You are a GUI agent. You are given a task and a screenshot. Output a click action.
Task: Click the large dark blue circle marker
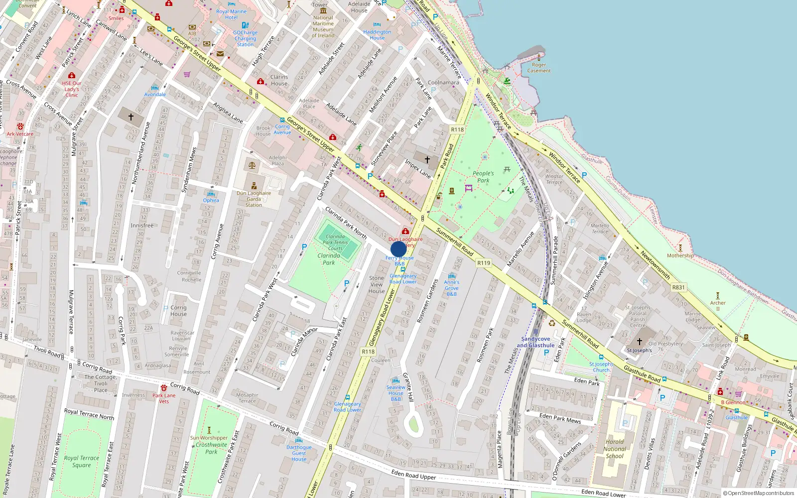(x=398, y=249)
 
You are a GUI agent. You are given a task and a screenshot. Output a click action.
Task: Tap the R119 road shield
(x=483, y=263)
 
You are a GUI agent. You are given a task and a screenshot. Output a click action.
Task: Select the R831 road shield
(x=678, y=287)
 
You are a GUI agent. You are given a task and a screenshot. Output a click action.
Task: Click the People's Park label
(x=483, y=177)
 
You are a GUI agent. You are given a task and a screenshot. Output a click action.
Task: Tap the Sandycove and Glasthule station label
(x=535, y=342)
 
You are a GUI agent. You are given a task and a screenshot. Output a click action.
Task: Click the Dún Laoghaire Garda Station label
(x=254, y=199)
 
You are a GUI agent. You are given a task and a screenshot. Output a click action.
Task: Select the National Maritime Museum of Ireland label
(x=323, y=26)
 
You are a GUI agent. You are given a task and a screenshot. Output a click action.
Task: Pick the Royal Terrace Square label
(x=81, y=461)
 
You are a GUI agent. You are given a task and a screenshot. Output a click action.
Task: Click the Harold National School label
(x=615, y=449)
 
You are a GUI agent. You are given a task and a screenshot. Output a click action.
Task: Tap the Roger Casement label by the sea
(x=539, y=68)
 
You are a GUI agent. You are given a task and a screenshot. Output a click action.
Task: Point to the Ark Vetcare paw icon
(x=20, y=126)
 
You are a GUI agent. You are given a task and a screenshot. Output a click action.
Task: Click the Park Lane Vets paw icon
(x=163, y=388)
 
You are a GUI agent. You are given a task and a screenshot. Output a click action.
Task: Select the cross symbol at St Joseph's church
(x=640, y=342)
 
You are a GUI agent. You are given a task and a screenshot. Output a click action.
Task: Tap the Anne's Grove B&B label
(x=452, y=288)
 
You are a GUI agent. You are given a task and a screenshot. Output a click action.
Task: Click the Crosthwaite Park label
(x=211, y=448)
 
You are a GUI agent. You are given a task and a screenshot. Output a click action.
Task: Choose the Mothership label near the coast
(x=680, y=255)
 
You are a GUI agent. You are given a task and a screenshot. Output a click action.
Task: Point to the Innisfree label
(x=142, y=226)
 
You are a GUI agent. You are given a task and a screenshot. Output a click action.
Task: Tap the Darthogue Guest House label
(x=299, y=453)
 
